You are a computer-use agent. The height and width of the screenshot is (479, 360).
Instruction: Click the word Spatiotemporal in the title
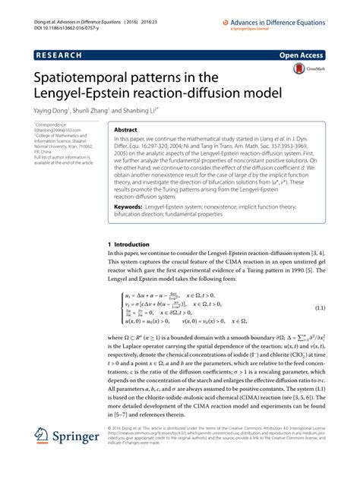(x=83, y=77)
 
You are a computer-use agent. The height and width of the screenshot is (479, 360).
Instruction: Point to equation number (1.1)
(x=318, y=308)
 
